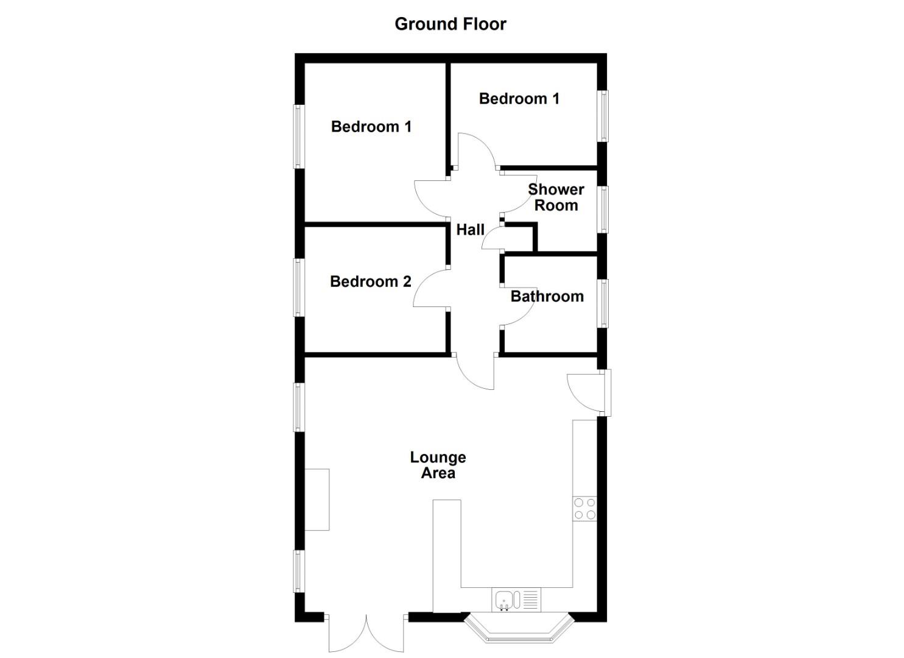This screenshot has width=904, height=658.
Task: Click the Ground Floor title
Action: [450, 24]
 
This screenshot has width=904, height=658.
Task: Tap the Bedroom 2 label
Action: [370, 281]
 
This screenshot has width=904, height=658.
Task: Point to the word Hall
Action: [471, 230]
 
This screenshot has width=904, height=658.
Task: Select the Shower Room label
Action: [556, 197]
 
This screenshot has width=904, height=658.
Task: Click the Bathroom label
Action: [547, 297]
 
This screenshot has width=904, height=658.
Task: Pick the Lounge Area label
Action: [438, 465]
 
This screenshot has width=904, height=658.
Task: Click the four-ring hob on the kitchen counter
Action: [585, 509]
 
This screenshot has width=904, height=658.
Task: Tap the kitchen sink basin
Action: [505, 600]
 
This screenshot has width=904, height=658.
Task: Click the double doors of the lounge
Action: [366, 634]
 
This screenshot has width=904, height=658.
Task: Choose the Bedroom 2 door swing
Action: [432, 289]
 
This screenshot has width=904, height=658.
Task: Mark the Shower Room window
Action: [603, 209]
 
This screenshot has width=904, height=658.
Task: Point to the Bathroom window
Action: [603, 303]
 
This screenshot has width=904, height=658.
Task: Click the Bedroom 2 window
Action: [298, 287]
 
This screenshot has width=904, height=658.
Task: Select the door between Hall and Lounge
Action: [476, 372]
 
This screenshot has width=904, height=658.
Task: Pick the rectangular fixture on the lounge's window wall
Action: [317, 499]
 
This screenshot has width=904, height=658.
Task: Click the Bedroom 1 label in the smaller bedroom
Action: [519, 99]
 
